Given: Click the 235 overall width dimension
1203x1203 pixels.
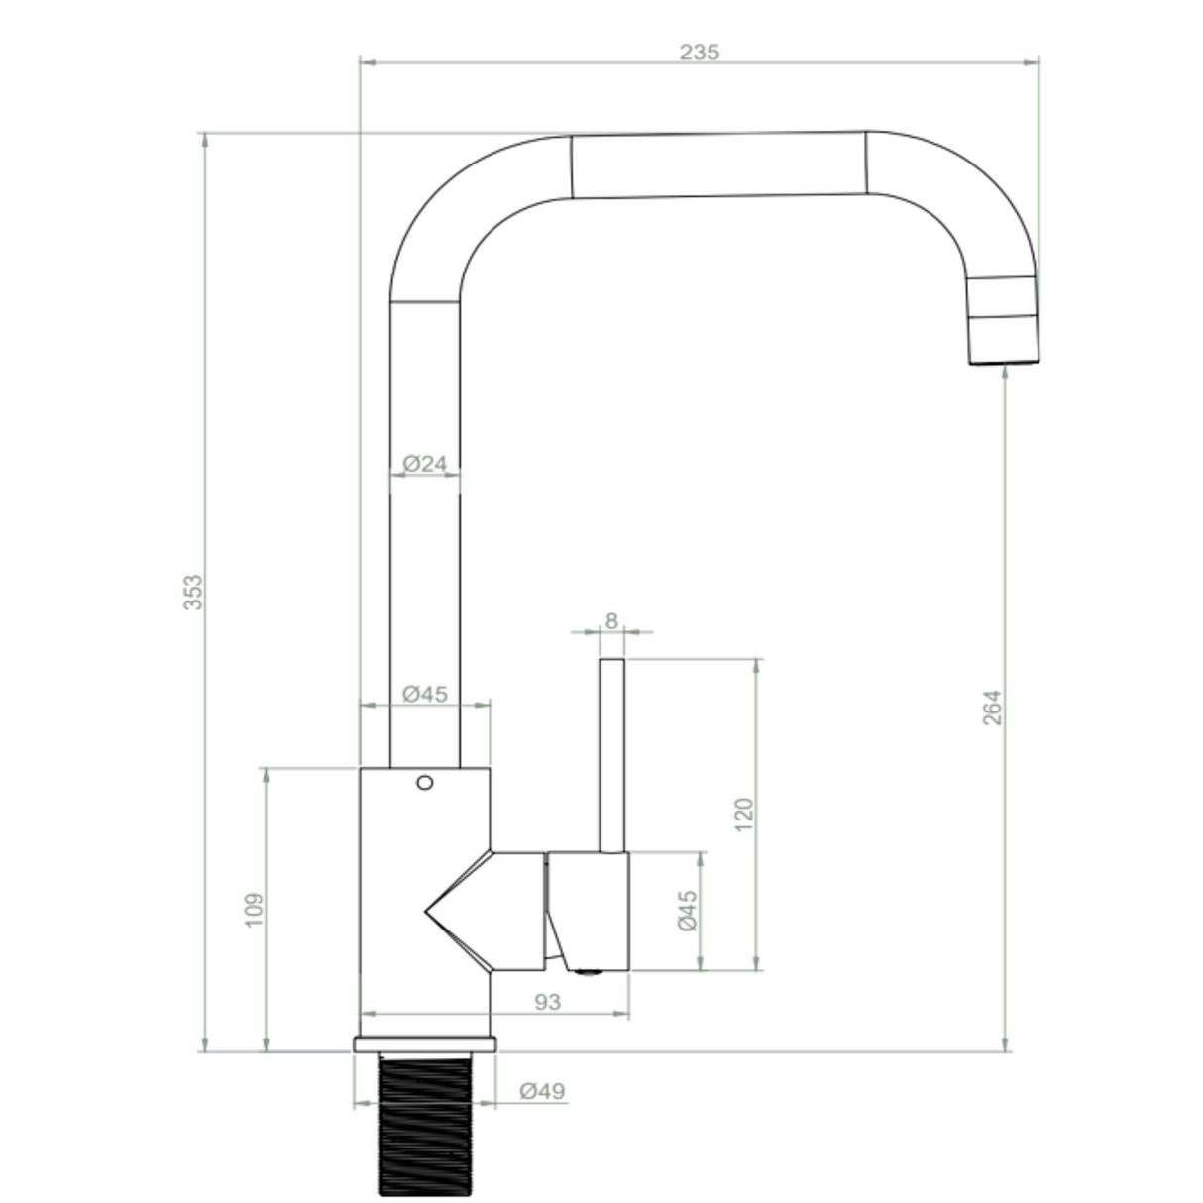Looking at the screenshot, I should point(700,52).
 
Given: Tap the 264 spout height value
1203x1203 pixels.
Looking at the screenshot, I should point(992,707).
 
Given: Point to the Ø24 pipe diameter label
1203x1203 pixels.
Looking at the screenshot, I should point(425,462).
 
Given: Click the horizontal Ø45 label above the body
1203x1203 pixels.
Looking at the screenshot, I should point(425,693).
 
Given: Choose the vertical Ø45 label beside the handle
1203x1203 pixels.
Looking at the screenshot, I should point(688,910).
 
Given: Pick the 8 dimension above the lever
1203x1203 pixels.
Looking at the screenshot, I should point(611,620).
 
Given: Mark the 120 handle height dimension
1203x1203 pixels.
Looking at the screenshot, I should point(745,814).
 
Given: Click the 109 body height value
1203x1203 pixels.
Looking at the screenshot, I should point(254,910).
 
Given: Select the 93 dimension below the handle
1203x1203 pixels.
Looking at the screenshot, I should point(548,1002).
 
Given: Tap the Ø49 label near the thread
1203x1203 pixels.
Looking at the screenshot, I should point(542,1091).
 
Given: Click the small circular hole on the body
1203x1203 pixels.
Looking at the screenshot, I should point(425,783).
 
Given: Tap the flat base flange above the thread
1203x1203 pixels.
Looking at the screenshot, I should point(425,1044).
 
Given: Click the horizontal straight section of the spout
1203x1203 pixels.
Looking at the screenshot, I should point(718,164).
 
